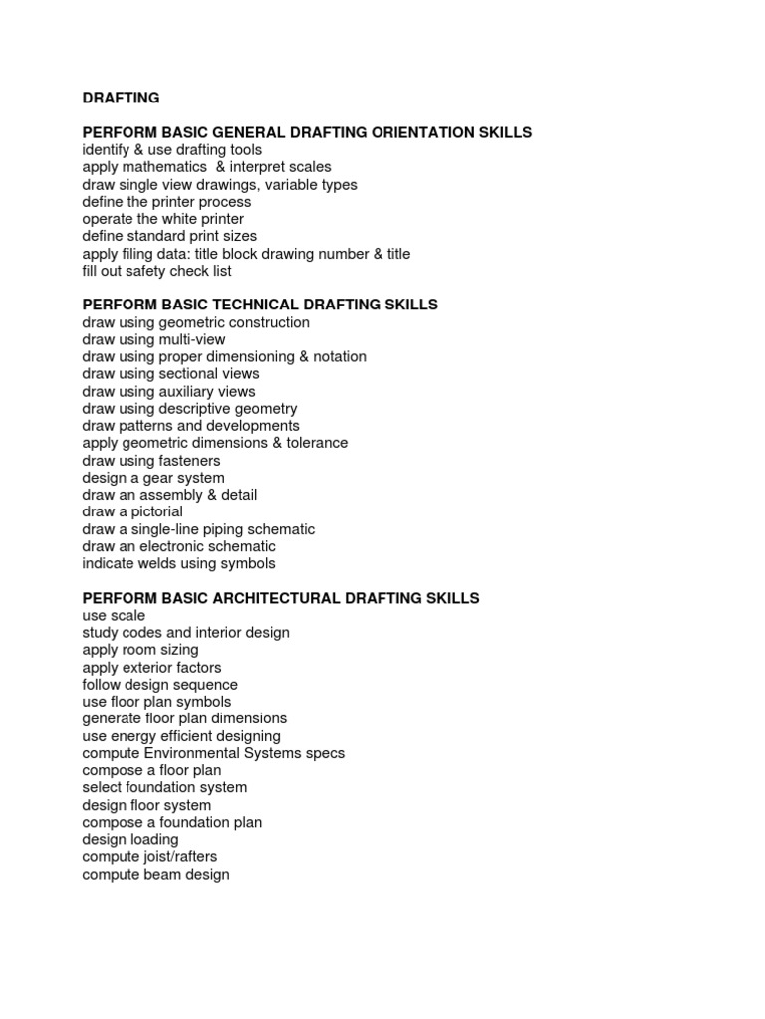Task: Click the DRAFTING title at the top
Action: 121,98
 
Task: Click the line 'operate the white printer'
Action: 162,219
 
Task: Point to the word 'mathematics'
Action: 163,167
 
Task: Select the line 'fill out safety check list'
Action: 156,271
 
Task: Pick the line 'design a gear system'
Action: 153,478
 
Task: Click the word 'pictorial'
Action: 154,512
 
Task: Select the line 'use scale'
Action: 114,616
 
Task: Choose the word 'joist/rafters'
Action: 179,857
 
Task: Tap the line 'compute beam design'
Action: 155,875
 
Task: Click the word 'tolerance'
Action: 316,444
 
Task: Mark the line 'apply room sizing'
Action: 140,650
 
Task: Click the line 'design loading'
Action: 130,840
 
